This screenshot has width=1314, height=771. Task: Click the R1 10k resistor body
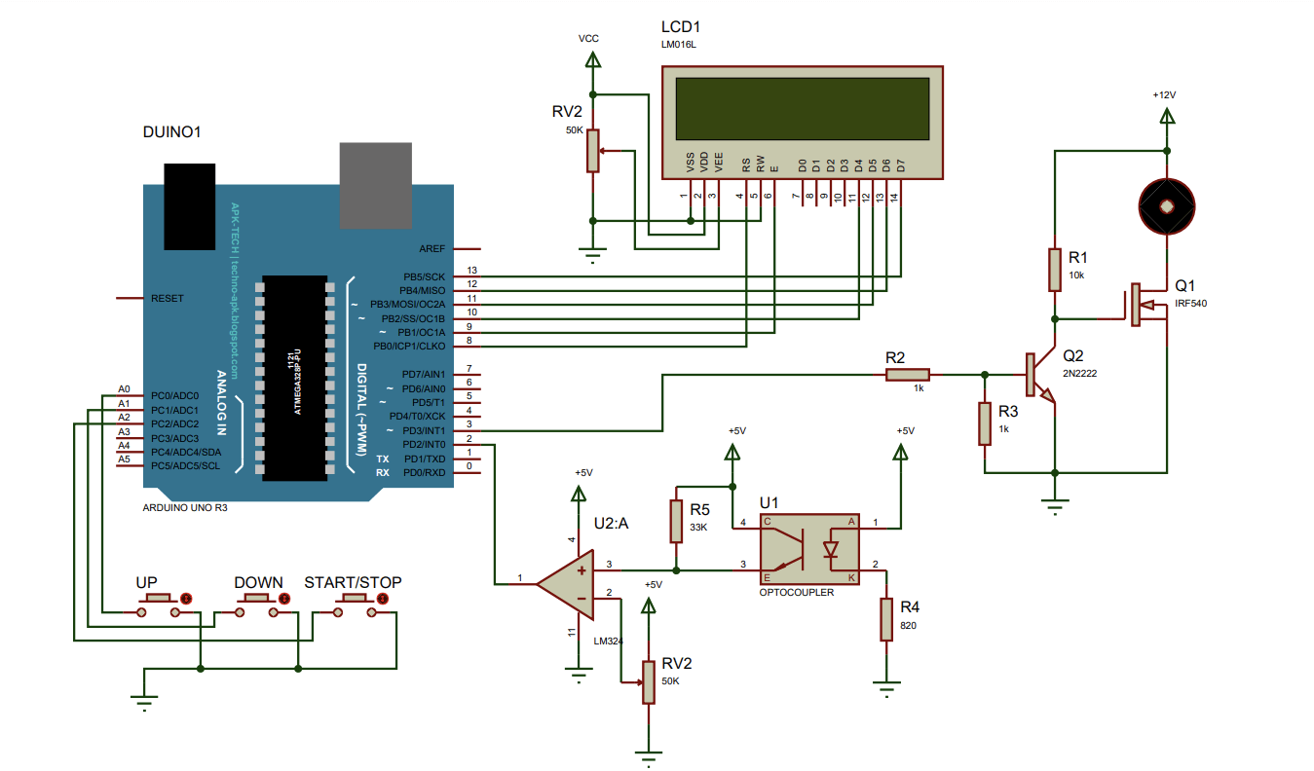click(x=1054, y=270)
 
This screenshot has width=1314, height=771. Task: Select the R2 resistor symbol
click(x=908, y=374)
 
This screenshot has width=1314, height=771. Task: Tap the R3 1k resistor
click(x=985, y=424)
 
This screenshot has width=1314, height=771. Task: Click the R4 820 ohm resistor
click(x=885, y=619)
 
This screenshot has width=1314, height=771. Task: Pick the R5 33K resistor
click(x=676, y=521)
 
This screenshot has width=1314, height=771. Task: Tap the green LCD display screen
click(x=802, y=108)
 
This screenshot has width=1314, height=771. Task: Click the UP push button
click(x=159, y=605)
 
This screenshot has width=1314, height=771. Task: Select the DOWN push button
click(x=257, y=605)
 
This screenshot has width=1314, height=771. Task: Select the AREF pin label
click(x=432, y=248)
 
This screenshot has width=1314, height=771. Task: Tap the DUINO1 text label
click(x=172, y=131)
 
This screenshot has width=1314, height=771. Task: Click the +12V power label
click(x=1164, y=95)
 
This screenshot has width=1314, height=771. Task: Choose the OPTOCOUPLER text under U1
click(x=797, y=592)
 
